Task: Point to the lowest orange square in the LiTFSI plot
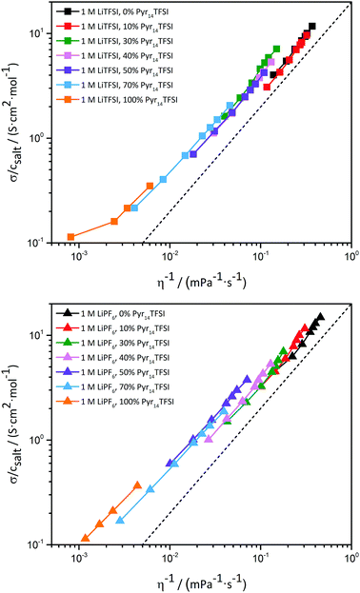point(71,237)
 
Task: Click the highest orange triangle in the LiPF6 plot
point(137,484)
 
